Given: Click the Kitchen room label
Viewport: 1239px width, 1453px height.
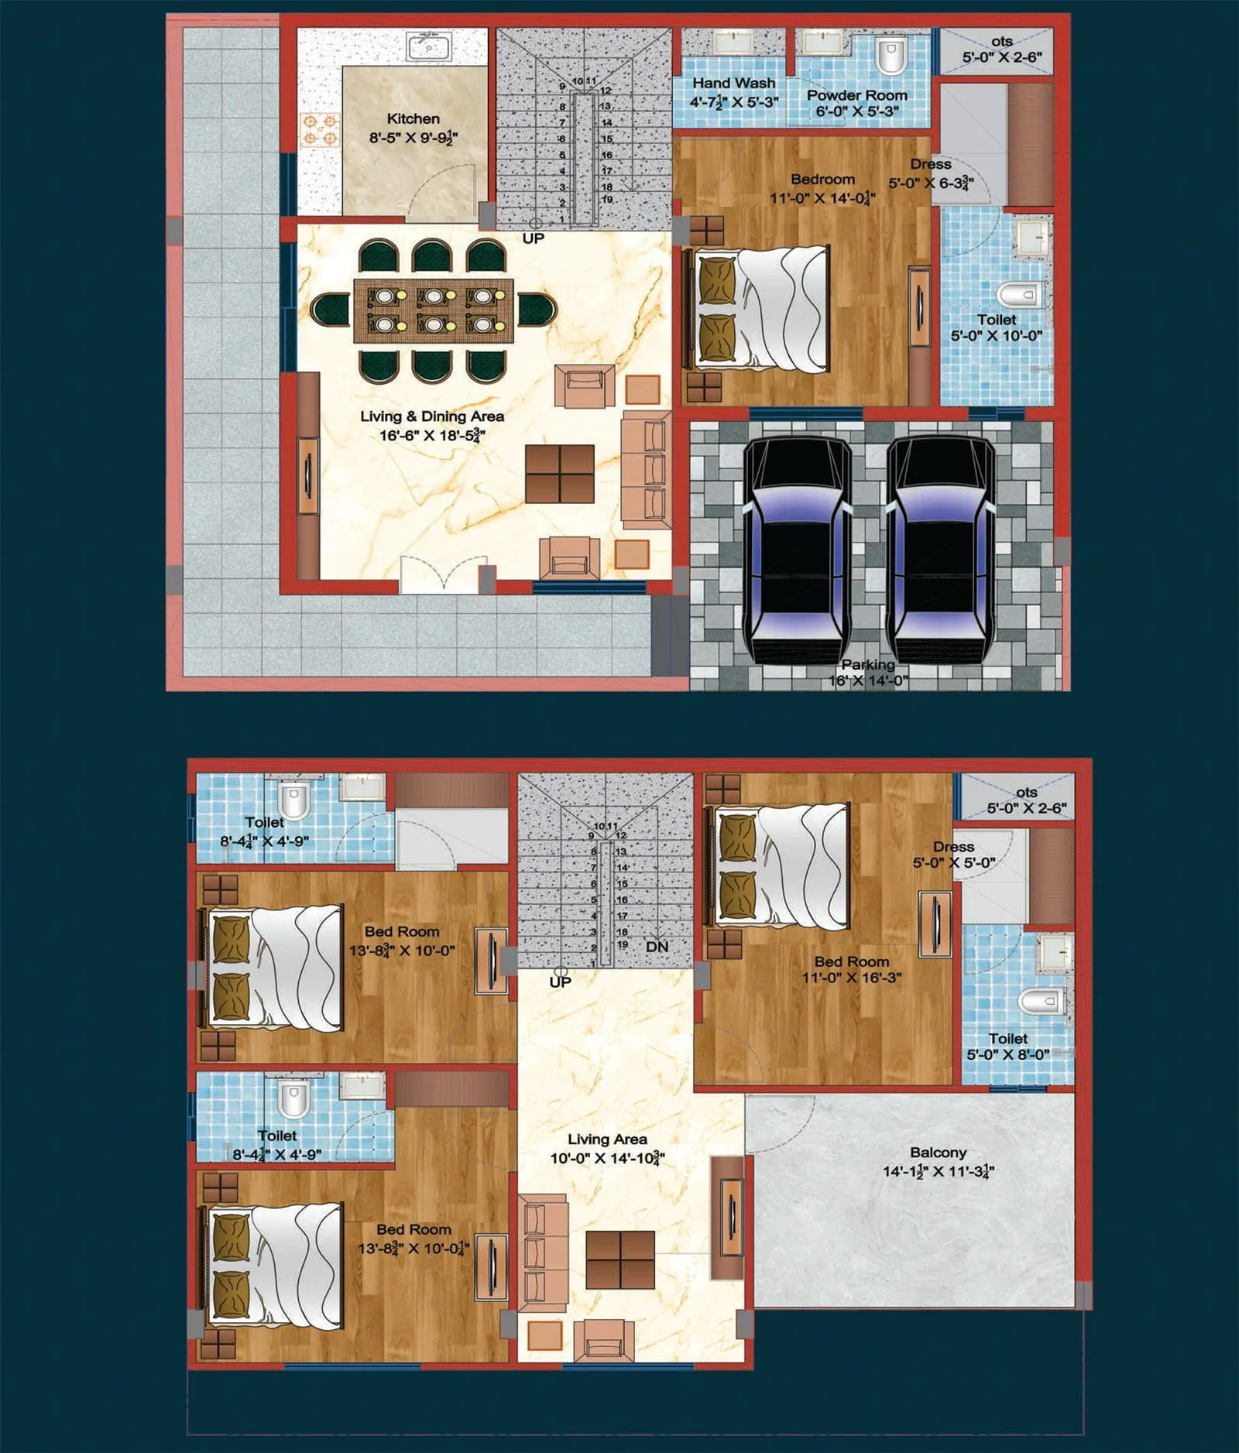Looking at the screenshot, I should point(413,119).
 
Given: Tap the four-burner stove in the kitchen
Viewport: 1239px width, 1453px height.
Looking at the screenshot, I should point(320,130).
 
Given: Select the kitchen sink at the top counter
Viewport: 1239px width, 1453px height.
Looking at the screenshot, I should point(428,46).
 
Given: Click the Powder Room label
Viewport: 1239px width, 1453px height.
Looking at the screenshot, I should point(856,95).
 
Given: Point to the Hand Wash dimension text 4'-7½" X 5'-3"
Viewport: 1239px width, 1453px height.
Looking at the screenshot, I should point(733,101).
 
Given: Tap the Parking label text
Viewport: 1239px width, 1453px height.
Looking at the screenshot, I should point(868,664).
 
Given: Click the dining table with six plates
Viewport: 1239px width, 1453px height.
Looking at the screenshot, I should point(434,310).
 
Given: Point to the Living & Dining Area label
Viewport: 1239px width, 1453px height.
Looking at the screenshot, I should point(432,416).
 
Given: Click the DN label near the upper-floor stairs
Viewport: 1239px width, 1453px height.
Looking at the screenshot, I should point(657,947).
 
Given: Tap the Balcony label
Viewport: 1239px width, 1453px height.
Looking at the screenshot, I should point(938,1153).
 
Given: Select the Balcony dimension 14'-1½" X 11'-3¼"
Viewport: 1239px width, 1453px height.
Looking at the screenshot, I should point(938,1171).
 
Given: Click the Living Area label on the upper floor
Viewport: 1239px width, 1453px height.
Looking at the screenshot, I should point(607,1139).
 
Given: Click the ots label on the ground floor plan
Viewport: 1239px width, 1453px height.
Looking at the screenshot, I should point(1001,42).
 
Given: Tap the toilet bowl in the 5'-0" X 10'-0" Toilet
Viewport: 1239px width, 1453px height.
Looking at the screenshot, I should point(1018,294).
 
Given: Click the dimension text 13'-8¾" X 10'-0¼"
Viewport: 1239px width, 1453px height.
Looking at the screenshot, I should point(414,1248).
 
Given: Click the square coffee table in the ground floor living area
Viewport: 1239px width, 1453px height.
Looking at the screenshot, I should point(560,474).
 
